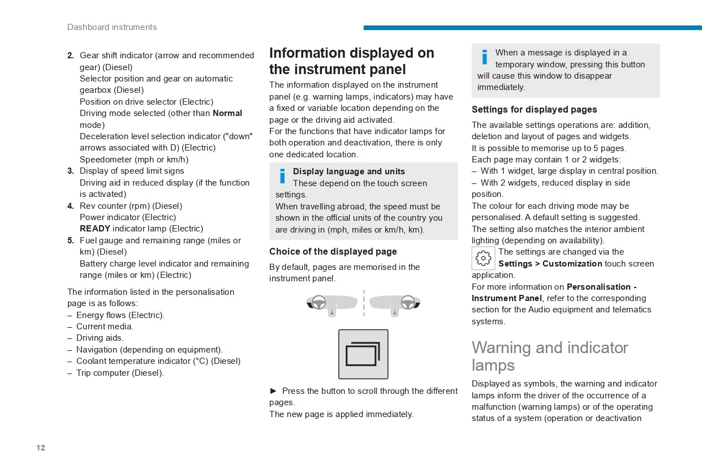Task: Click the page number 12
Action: (41, 448)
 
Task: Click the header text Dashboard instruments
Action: (112, 27)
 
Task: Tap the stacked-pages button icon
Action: (363, 354)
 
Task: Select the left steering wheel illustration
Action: (331, 304)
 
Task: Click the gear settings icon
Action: (483, 259)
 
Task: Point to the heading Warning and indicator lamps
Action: (549, 356)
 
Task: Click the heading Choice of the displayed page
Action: (333, 252)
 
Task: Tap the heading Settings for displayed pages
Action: (534, 110)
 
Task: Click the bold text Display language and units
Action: (348, 171)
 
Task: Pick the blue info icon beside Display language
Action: (282, 176)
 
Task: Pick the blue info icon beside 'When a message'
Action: (484, 57)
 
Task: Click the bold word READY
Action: (94, 229)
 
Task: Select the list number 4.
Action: (70, 206)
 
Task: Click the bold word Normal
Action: (227, 113)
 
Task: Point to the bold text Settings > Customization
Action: (550, 264)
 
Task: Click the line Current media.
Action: (105, 327)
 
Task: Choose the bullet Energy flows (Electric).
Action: (120, 315)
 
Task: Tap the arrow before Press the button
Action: (274, 391)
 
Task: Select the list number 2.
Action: (70, 55)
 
